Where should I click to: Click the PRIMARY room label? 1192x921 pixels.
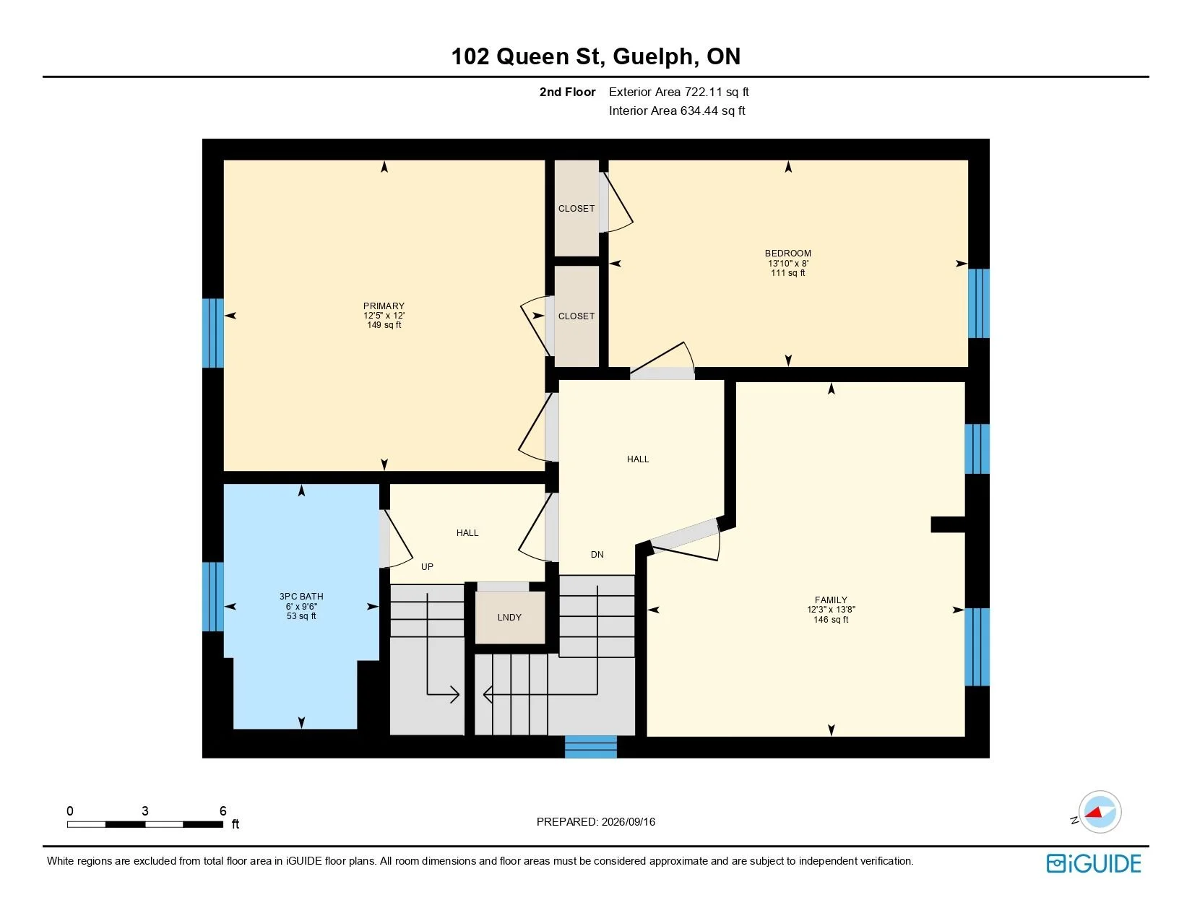[x=384, y=306]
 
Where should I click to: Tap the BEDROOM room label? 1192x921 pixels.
[x=787, y=254]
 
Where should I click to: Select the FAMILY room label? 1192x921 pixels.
[x=831, y=600]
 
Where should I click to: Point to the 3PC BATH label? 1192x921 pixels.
[x=301, y=596]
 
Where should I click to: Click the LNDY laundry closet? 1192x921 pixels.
[x=509, y=617]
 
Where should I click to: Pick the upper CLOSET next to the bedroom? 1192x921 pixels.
[x=576, y=209]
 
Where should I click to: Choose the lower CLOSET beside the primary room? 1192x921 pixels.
[x=576, y=316]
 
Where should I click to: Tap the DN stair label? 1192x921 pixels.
[x=597, y=555]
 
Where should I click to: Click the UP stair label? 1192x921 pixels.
[x=428, y=566]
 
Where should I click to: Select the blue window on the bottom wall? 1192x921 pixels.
[x=591, y=747]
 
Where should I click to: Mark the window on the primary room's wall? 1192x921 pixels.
[x=213, y=333]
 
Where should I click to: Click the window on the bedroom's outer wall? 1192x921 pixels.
[x=979, y=303]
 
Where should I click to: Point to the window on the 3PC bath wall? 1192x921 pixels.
[x=213, y=596]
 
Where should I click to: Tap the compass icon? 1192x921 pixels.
[x=1100, y=812]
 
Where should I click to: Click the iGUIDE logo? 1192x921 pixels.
[x=1094, y=863]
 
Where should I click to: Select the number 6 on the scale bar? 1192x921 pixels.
[x=223, y=810]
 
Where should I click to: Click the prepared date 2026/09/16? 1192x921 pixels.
[x=628, y=822]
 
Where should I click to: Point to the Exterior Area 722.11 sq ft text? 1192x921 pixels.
[x=678, y=92]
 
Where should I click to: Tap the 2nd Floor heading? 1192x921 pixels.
[x=567, y=92]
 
